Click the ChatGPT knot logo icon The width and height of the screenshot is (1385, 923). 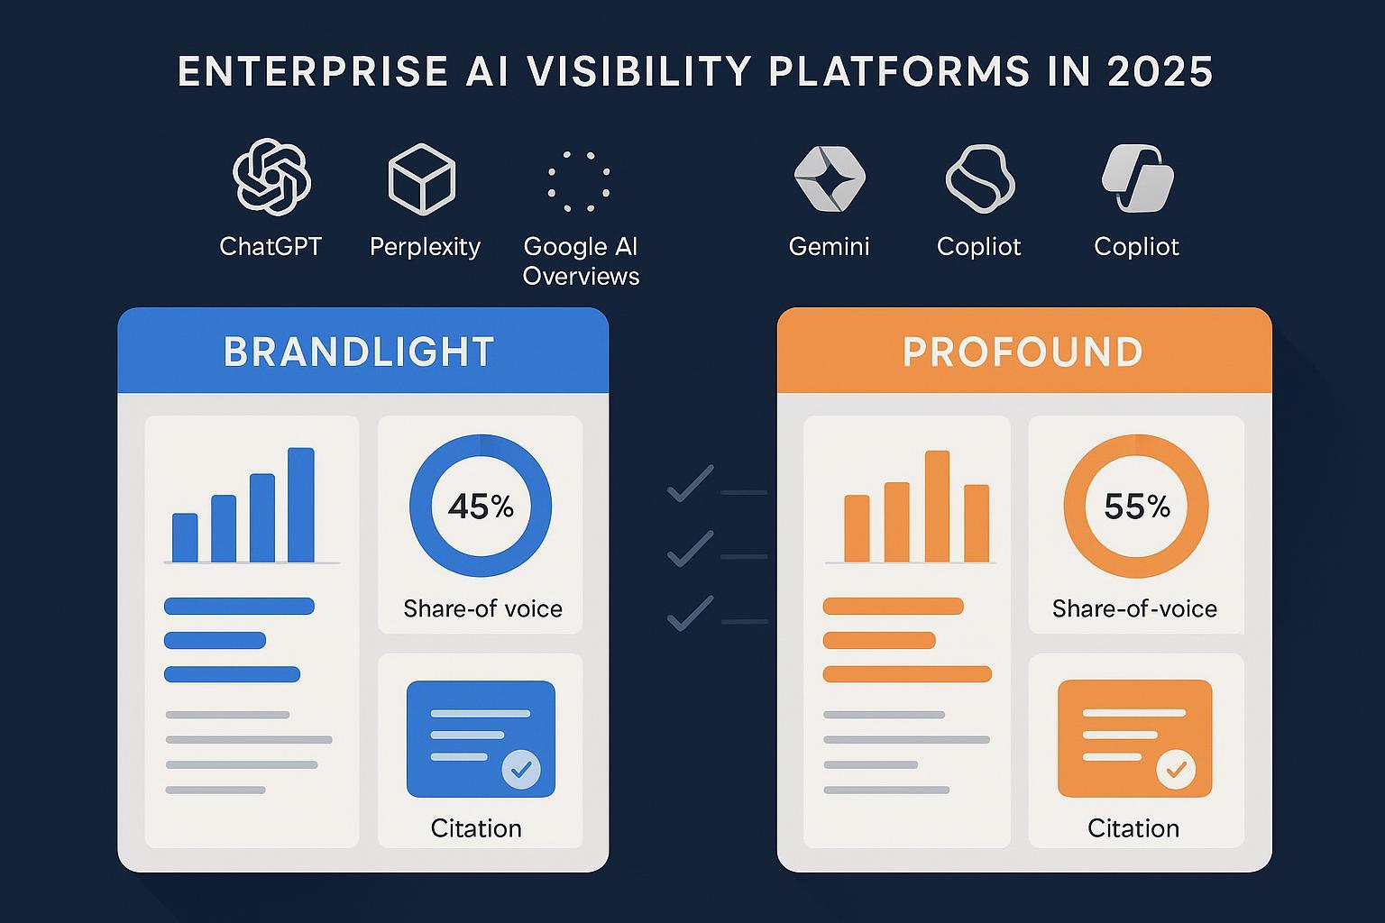(271, 177)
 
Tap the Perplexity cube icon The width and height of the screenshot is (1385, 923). (421, 178)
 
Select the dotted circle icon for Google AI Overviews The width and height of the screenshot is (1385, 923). (579, 181)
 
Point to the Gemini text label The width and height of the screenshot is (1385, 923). (829, 246)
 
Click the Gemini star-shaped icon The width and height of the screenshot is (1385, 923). (830, 178)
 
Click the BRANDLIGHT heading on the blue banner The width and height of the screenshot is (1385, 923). (359, 352)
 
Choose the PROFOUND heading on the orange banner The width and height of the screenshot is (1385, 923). (1023, 352)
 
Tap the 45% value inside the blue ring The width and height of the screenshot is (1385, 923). (481, 507)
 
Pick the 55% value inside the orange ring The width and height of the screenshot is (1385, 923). (1136, 507)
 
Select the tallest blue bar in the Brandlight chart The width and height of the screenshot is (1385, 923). (300, 505)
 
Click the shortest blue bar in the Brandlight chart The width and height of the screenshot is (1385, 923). (185, 537)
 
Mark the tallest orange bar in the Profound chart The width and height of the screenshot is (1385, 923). (937, 507)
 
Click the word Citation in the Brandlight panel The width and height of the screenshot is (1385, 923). (476, 827)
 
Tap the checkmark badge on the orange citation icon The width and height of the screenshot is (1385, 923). (1176, 770)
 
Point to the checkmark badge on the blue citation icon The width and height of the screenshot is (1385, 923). (520, 769)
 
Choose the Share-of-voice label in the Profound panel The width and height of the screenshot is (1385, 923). (1134, 608)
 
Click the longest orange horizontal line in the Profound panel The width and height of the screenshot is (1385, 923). (907, 674)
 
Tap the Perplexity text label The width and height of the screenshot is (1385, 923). (425, 246)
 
